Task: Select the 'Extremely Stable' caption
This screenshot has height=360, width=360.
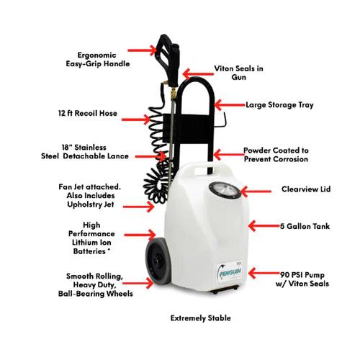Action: coord(201,317)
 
